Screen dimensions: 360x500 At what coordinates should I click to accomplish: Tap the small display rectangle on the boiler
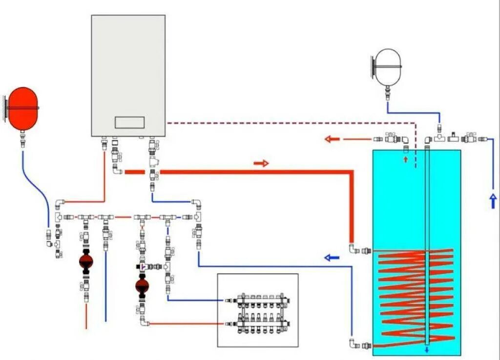click(x=129, y=122)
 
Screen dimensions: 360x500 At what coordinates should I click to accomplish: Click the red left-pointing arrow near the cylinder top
click(x=333, y=139)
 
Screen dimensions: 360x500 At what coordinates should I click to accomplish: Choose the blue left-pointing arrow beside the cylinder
click(x=332, y=257)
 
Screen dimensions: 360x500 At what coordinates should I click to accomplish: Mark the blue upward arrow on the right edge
click(x=493, y=200)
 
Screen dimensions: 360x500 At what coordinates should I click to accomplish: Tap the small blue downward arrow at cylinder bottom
click(x=427, y=349)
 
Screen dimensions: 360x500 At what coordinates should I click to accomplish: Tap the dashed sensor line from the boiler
click(x=293, y=122)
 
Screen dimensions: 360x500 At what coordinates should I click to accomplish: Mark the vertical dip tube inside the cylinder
click(x=427, y=244)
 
